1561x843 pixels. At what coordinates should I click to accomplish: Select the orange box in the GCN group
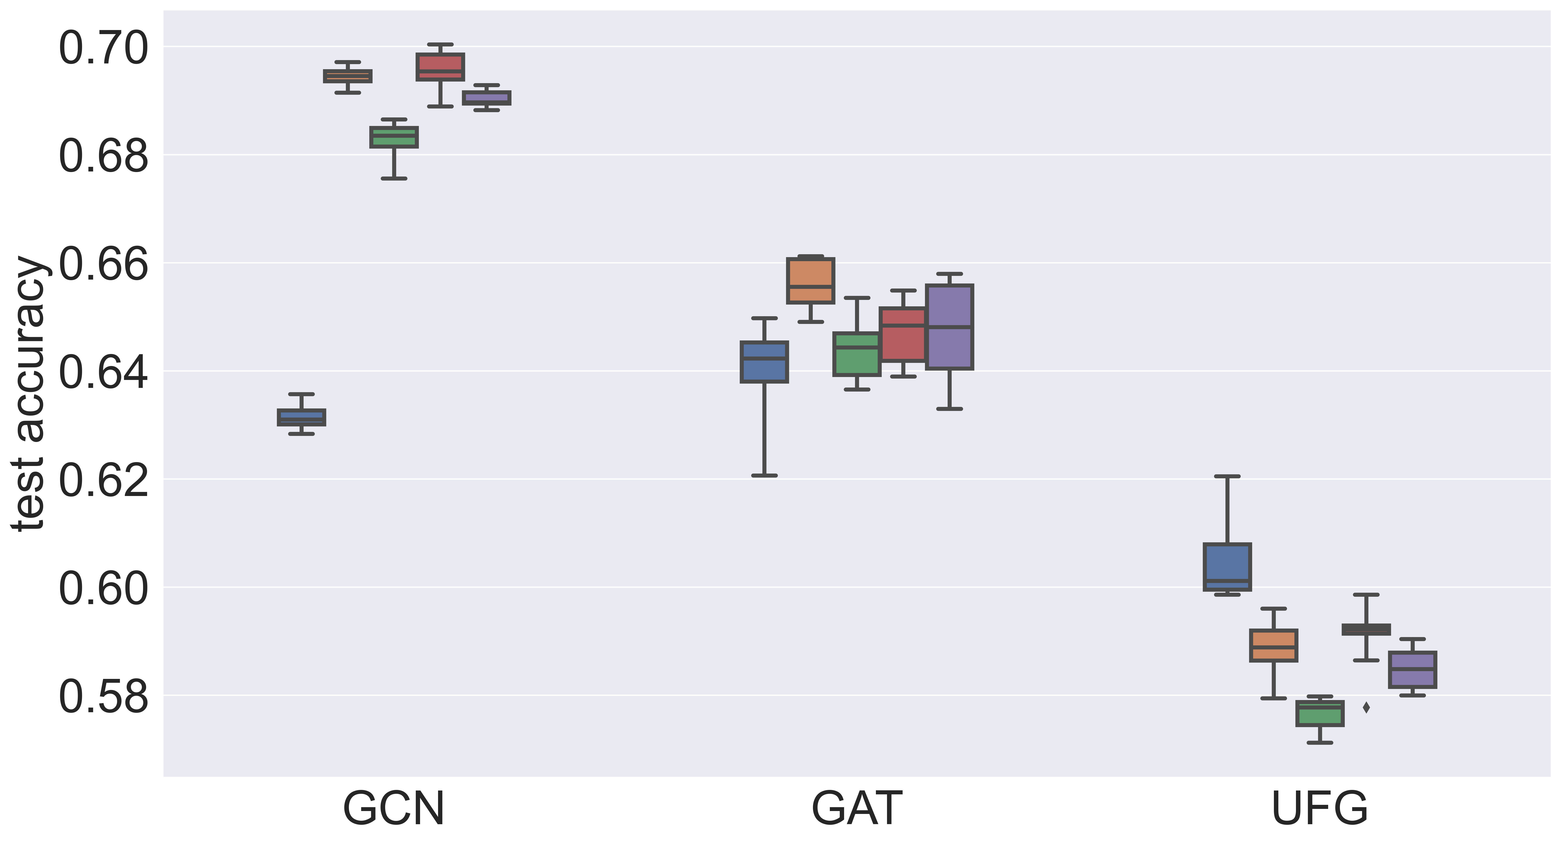[x=348, y=76]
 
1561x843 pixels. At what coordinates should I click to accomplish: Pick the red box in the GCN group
[x=441, y=67]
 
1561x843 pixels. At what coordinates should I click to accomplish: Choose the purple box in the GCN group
[x=487, y=98]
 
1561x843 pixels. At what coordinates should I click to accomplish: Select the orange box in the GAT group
[x=811, y=281]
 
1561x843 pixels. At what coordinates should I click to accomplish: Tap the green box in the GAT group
[x=857, y=354]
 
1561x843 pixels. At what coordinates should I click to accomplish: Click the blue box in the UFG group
[x=1227, y=567]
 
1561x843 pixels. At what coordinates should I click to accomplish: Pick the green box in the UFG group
[x=1320, y=713]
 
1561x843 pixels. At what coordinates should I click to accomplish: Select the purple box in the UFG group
[x=1413, y=670]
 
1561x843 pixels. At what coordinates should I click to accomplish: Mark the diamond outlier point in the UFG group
[x=1366, y=707]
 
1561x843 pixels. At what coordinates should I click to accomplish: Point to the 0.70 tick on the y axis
[x=103, y=48]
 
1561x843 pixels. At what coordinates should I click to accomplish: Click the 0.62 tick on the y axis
[x=103, y=480]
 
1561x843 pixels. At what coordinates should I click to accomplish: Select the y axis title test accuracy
[x=29, y=394]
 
